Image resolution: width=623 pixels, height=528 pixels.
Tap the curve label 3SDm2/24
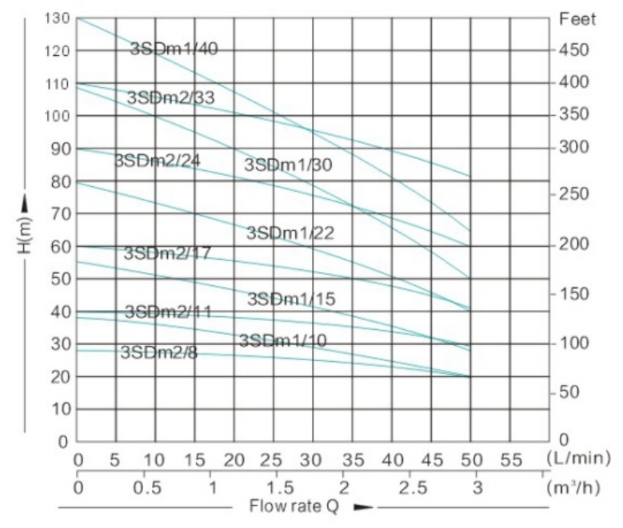pyautogui.click(x=157, y=160)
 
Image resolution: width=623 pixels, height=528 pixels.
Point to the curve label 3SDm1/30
pyautogui.click(x=287, y=165)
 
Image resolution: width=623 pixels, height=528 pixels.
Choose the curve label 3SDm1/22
pyautogui.click(x=290, y=232)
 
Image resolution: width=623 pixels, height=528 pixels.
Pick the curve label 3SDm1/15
pyautogui.click(x=290, y=299)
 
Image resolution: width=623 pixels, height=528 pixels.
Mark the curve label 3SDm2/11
pyautogui.click(x=168, y=312)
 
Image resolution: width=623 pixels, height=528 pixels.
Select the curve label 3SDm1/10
pyautogui.click(x=282, y=340)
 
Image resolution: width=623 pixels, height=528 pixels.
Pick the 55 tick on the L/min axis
pyautogui.click(x=509, y=460)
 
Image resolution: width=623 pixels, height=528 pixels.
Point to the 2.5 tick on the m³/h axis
pyautogui.click(x=409, y=486)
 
